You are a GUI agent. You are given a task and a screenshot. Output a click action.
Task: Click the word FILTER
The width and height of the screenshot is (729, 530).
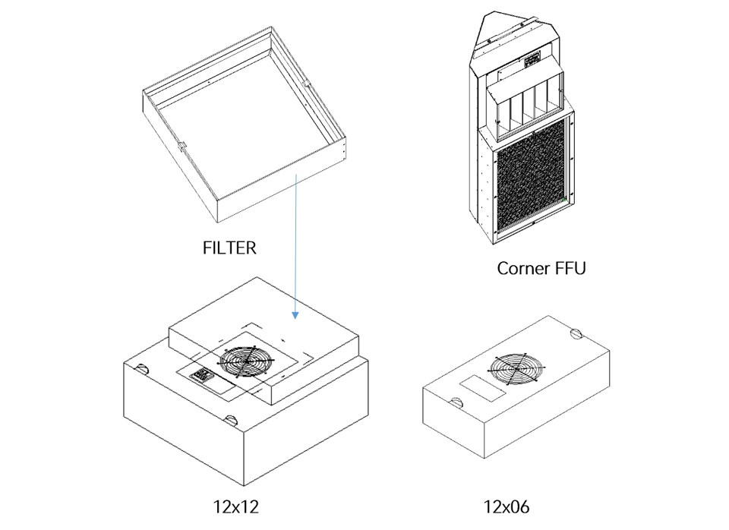tap(229, 248)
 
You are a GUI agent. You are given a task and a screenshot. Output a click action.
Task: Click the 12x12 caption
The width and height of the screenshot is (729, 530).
tap(235, 506)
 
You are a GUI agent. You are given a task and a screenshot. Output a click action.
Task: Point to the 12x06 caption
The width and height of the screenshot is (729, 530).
tap(507, 506)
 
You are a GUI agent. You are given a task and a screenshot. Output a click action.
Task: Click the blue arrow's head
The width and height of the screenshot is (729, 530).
tap(295, 315)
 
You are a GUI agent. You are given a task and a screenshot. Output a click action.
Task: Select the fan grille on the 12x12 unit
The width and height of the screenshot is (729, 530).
tap(246, 361)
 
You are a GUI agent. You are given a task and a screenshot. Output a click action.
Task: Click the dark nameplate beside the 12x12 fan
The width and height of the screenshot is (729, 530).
tap(201, 374)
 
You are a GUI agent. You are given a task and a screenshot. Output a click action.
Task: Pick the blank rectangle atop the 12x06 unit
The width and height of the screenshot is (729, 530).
tap(483, 389)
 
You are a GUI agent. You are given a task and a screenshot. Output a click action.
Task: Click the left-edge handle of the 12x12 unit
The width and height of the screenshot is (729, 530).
tap(141, 369)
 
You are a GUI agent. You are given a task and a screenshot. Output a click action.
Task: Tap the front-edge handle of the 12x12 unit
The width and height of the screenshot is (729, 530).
tap(231, 421)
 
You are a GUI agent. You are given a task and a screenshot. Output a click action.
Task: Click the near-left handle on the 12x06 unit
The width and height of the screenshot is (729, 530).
tap(456, 402)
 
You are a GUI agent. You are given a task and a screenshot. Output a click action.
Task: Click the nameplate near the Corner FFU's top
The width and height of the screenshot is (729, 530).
tap(532, 60)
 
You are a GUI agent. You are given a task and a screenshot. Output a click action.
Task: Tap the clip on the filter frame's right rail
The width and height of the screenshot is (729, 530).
tap(307, 84)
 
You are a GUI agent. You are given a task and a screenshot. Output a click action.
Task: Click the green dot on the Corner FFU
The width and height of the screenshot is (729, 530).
tap(564, 200)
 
